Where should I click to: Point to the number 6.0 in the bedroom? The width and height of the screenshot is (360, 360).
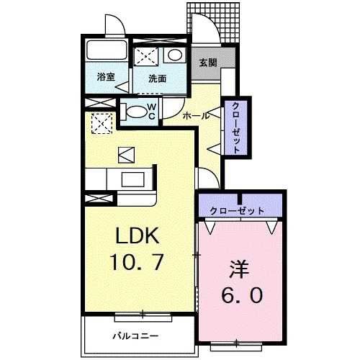click(x=241, y=294)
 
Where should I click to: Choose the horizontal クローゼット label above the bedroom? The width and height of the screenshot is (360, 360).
click(x=237, y=211)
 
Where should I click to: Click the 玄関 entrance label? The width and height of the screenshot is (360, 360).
click(x=207, y=61)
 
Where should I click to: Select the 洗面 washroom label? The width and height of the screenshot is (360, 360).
click(x=158, y=79)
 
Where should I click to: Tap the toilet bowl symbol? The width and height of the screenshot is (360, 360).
click(x=135, y=111)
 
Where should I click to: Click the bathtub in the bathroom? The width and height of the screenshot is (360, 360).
click(x=105, y=51)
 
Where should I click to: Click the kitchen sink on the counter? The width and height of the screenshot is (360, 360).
click(x=135, y=179)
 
